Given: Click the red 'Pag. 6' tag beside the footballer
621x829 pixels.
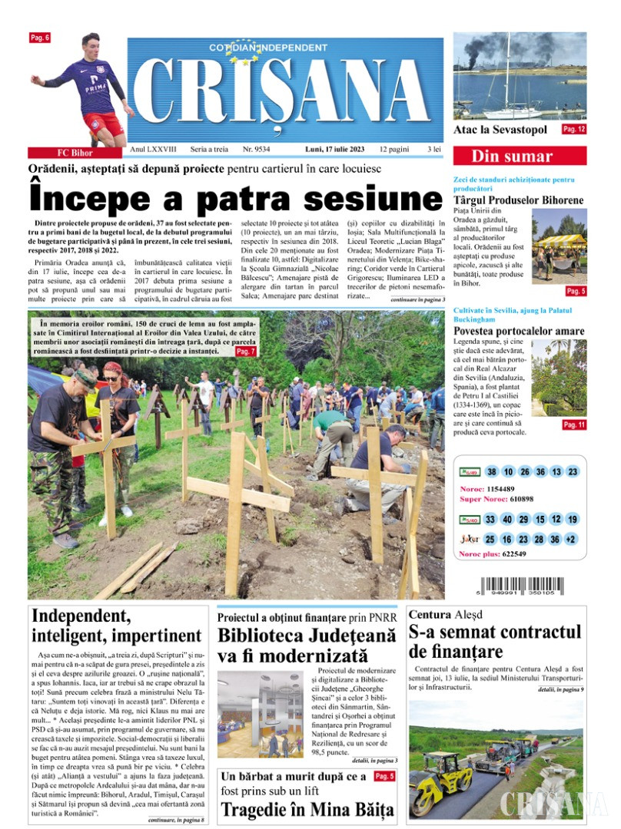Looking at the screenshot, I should point(40,38).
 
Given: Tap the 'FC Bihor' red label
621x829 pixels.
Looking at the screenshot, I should point(75,152).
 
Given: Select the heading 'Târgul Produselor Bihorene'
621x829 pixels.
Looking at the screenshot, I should point(518,200).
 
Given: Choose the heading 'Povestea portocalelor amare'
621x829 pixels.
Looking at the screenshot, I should point(519,331).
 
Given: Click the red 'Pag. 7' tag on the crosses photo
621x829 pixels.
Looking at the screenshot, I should point(246,351).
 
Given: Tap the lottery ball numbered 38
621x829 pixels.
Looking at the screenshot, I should point(492,472).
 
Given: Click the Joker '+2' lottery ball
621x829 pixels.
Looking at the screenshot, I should point(572,540).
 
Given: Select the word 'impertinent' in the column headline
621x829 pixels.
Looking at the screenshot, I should point(157,636).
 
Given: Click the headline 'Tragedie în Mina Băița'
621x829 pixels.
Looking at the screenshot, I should point(307,809).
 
